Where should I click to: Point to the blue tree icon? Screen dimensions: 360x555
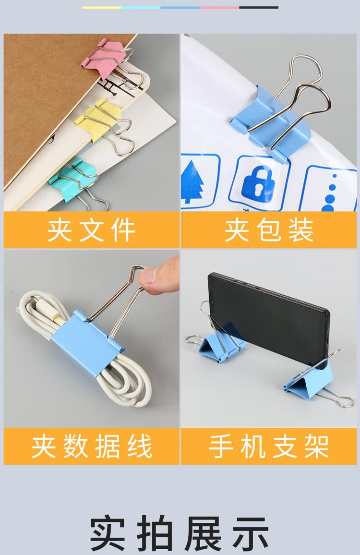pyautogui.click(x=192, y=181)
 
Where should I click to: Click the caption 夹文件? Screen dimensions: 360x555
pyautogui.click(x=92, y=230)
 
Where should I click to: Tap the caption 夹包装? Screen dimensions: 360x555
pyautogui.click(x=269, y=230)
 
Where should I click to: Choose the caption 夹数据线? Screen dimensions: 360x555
pyautogui.click(x=92, y=446)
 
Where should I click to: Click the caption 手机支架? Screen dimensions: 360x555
pyautogui.click(x=269, y=446)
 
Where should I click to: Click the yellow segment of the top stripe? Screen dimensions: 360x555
pyautogui.click(x=102, y=7)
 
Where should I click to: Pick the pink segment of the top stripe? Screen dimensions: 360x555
pyautogui.click(x=219, y=7)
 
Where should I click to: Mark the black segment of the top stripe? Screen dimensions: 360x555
pyautogui.click(x=259, y=7)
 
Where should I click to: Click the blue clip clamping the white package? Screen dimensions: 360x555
pyautogui.click(x=271, y=124)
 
